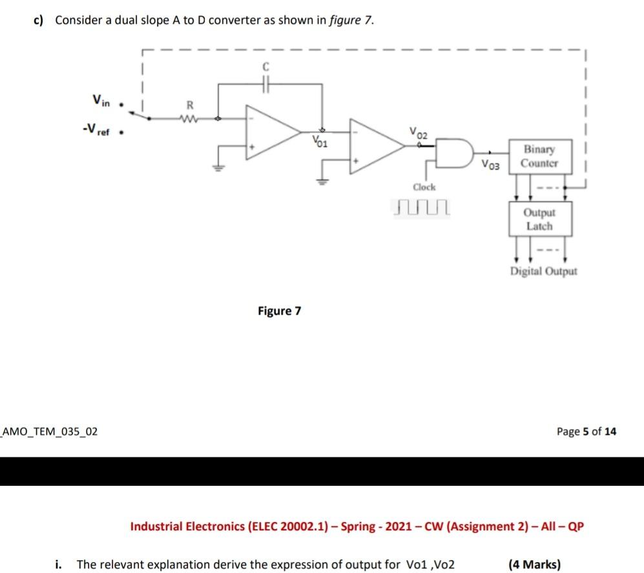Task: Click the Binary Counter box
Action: (539, 156)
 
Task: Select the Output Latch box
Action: (539, 219)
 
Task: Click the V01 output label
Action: (319, 141)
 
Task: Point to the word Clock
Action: (424, 187)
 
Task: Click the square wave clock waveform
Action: (421, 207)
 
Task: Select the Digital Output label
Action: (543, 271)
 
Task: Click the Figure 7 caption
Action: (279, 311)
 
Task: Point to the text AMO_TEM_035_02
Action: (51, 431)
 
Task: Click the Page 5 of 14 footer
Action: (586, 431)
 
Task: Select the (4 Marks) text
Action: (534, 565)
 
